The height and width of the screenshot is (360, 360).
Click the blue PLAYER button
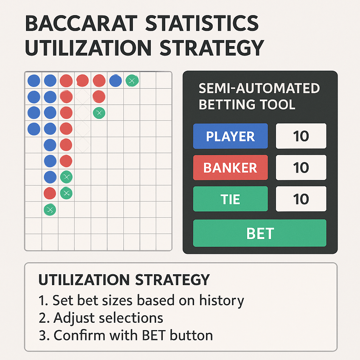click(230, 136)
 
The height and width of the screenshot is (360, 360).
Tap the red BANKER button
click(230, 167)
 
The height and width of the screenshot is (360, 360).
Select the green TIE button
click(230, 199)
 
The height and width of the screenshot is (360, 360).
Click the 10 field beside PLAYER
click(301, 136)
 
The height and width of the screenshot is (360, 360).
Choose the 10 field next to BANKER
click(301, 167)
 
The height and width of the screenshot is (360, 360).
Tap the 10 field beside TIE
click(301, 199)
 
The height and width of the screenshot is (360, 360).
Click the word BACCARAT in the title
click(81, 23)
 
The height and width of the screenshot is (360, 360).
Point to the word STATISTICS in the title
click(202, 23)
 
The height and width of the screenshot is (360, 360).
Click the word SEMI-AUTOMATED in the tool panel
click(259, 88)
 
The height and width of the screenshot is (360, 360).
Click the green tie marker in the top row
click(132, 81)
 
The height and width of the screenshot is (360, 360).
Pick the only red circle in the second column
click(50, 193)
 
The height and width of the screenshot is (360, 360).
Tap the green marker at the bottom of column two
click(50, 210)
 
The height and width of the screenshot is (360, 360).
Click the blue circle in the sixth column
click(115, 81)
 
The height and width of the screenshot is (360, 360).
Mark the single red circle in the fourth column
click(82, 81)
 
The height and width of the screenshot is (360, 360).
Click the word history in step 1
click(221, 301)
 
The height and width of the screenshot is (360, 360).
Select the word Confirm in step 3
click(79, 335)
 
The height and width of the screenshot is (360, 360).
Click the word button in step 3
click(192, 335)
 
